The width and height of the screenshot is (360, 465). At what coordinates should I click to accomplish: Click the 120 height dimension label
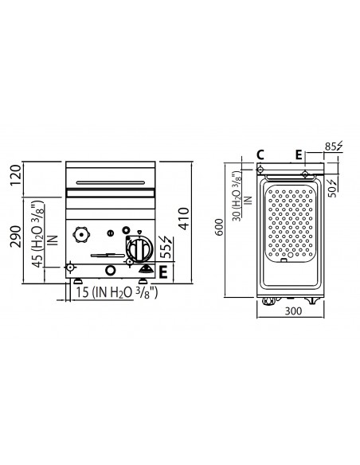[13, 174]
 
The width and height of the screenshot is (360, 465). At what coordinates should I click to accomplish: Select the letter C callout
[260, 154]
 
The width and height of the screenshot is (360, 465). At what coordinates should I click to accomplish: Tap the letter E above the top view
[299, 154]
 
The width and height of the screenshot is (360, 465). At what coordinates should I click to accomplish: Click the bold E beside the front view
[163, 272]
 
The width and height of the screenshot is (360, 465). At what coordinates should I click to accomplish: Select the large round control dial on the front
[137, 249]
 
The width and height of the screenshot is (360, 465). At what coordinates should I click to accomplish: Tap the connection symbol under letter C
[260, 169]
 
